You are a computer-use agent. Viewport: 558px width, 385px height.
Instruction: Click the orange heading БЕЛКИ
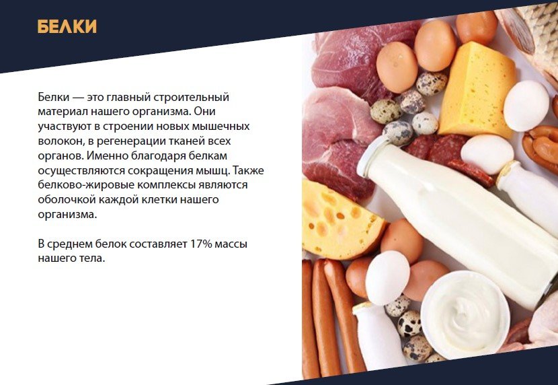(x=67, y=27)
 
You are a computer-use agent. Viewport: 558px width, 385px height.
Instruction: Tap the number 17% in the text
(x=201, y=244)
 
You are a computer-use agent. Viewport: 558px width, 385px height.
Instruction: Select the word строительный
(x=192, y=97)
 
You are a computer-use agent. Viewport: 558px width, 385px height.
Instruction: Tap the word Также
(x=248, y=170)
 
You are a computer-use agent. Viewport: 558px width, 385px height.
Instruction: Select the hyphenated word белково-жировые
(x=86, y=185)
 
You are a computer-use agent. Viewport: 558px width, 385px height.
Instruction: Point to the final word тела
(x=93, y=258)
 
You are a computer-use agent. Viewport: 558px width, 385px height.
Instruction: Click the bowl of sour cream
(x=465, y=314)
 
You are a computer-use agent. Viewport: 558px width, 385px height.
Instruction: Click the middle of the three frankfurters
(x=325, y=318)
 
